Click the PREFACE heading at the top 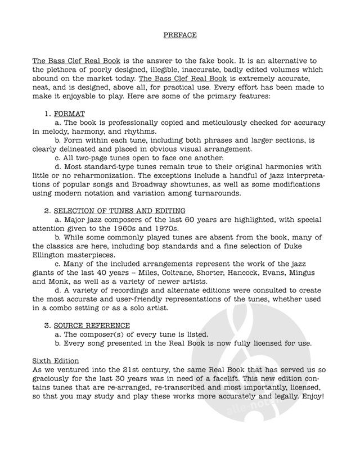pos(179,35)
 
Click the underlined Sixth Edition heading pos(55,360)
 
